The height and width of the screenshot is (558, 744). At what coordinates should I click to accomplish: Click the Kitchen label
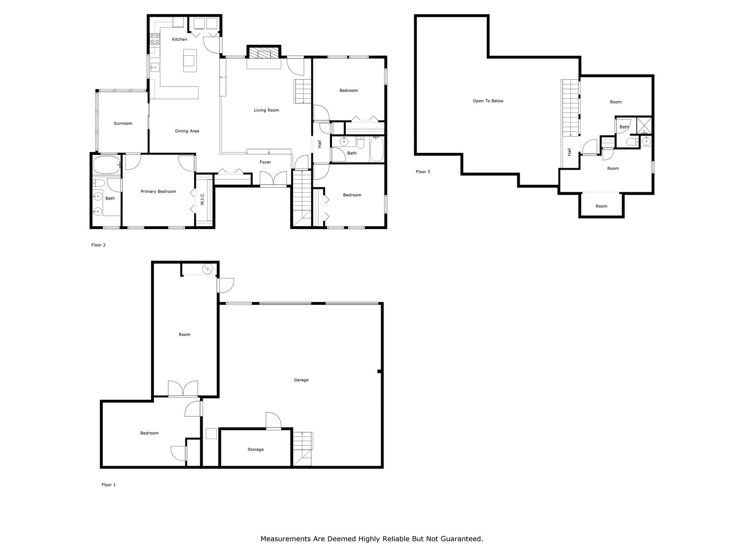[179, 39]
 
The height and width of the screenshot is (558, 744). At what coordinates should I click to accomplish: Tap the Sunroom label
[123, 123]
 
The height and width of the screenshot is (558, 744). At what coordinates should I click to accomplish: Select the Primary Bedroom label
[158, 192]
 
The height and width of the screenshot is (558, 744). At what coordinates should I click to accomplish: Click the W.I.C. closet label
[202, 199]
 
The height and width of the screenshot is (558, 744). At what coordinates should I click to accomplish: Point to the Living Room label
[266, 110]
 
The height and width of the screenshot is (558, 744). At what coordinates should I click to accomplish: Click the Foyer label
[265, 162]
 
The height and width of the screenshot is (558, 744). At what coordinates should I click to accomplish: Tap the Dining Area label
[187, 131]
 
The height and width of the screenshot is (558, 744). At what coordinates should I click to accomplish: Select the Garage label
[301, 380]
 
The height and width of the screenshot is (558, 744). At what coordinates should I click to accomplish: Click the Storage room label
[255, 449]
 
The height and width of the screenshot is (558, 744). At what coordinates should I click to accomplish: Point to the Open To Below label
[488, 101]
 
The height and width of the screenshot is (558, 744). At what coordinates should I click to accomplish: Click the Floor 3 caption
[422, 172]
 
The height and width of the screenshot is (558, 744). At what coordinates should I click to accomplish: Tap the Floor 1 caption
[108, 485]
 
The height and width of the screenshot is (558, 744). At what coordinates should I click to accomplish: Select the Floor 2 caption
[98, 245]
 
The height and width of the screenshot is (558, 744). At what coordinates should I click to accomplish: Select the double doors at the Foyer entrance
[273, 178]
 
